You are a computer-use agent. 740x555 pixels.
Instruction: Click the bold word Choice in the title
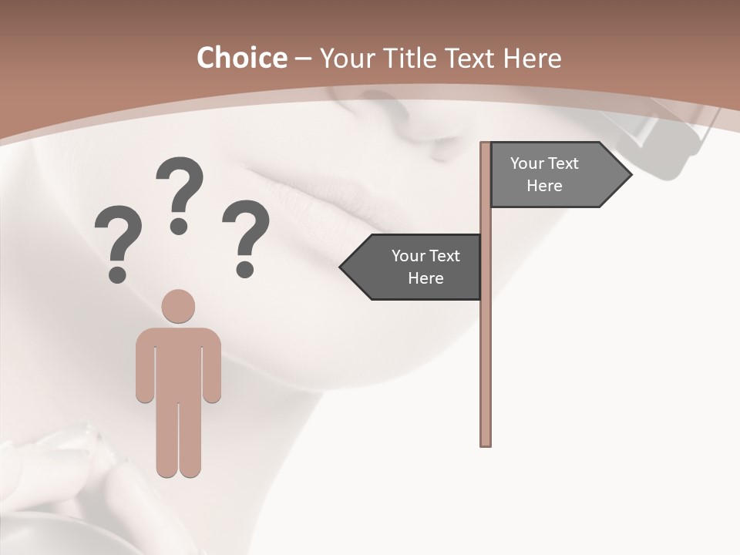click(241, 59)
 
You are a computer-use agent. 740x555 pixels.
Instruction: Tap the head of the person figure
click(178, 306)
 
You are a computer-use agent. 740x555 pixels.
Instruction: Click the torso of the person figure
click(178, 362)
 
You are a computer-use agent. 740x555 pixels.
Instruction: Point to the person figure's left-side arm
click(144, 370)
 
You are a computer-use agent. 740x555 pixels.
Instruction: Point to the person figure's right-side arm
click(212, 370)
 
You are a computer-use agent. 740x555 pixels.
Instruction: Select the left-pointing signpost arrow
click(412, 267)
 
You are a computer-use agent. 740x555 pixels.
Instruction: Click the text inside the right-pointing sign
click(544, 174)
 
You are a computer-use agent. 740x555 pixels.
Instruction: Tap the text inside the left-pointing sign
click(425, 267)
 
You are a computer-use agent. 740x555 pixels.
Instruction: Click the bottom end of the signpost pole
click(486, 442)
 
